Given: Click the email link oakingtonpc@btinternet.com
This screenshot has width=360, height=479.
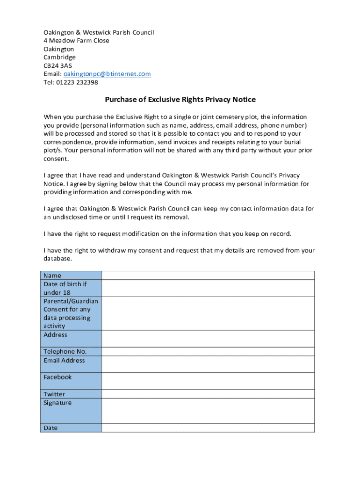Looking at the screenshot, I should pyautogui.click(x=107, y=74).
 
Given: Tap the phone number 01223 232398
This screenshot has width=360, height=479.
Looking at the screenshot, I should pyautogui.click(x=77, y=82).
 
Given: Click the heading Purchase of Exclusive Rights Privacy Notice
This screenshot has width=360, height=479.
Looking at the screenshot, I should pyautogui.click(x=180, y=100).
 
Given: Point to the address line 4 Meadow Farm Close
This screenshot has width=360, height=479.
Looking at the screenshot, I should pyautogui.click(x=76, y=41).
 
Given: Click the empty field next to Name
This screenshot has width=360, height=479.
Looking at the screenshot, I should pyautogui.click(x=208, y=276).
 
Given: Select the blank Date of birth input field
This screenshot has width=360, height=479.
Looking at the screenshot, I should pyautogui.click(x=208, y=288).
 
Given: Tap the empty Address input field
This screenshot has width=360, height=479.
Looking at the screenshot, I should pyautogui.click(x=208, y=339).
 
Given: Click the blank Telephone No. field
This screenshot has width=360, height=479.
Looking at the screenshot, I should pyautogui.click(x=208, y=351).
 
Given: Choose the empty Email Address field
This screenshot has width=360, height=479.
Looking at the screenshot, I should pyautogui.click(x=208, y=364).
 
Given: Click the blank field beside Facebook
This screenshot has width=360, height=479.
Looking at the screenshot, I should pyautogui.click(x=208, y=381).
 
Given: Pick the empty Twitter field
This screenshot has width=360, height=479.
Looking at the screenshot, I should pyautogui.click(x=208, y=394).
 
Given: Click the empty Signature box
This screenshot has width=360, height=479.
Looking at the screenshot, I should pyautogui.click(x=208, y=411).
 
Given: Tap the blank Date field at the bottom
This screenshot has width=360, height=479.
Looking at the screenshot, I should pyautogui.click(x=208, y=428).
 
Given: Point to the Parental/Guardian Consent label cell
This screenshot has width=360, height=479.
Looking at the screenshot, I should pyautogui.click(x=71, y=313).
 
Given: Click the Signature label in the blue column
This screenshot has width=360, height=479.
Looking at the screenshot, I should pyautogui.click(x=58, y=403).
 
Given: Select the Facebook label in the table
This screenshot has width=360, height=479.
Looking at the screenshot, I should pyautogui.click(x=58, y=377).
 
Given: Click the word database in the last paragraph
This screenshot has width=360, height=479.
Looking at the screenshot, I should pyautogui.click(x=58, y=259).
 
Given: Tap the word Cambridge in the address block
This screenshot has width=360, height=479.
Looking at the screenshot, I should pyautogui.click(x=59, y=57).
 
